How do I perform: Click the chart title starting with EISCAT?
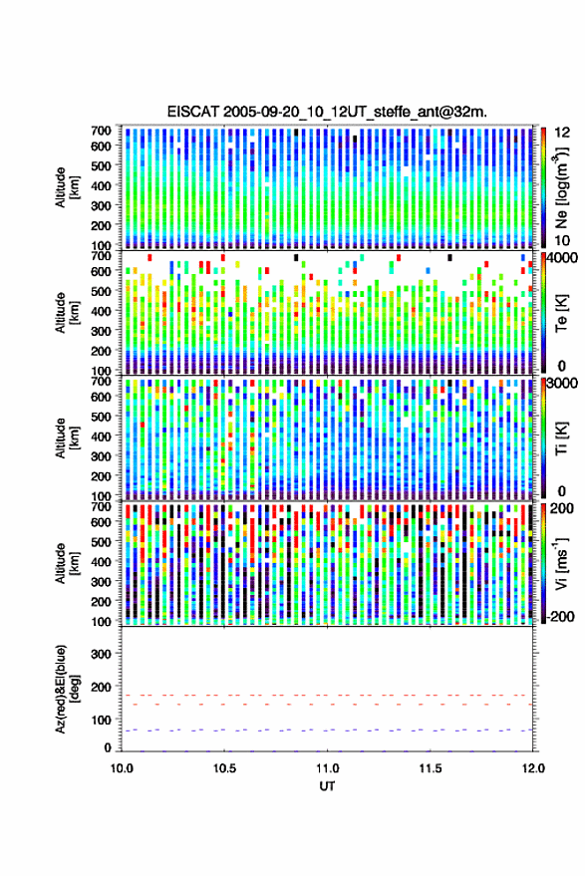point(327,112)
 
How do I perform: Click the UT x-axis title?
point(327,786)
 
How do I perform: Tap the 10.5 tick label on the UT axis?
point(224,768)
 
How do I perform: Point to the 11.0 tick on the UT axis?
point(327,768)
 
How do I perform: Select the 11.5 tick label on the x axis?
point(430,768)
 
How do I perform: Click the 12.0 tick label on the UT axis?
point(533,768)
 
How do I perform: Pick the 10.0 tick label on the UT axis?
point(122,768)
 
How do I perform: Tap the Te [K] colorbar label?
point(561,313)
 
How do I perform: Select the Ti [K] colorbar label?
point(561,438)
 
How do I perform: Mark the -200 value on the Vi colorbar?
point(559,617)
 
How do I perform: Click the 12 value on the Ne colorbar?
point(562,133)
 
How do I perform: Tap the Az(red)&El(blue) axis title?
point(67,689)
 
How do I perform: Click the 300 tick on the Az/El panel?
point(101,654)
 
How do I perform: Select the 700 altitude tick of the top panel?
point(101,131)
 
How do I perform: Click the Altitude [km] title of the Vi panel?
point(67,563)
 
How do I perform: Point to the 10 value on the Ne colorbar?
point(562,241)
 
